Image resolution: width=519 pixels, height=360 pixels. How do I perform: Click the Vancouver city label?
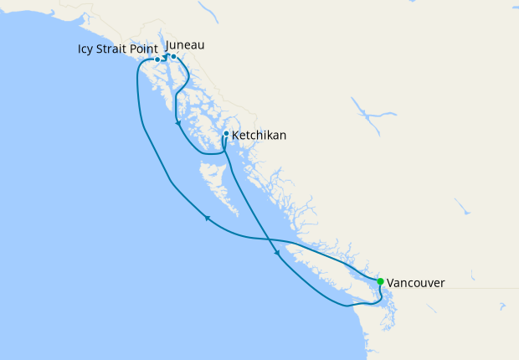pos(415,283)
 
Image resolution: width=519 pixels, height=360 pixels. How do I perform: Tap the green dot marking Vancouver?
pos(381,281)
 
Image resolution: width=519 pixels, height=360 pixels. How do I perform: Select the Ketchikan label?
pos(261,134)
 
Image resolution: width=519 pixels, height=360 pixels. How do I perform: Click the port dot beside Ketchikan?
pos(227,134)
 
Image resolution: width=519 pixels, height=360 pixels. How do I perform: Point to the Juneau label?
pos(186,44)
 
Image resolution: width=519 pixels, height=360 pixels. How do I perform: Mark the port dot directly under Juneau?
pos(173,57)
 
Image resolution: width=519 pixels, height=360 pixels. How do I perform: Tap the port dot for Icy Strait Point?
pos(157,59)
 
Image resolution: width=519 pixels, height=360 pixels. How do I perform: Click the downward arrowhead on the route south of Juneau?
pos(177,125)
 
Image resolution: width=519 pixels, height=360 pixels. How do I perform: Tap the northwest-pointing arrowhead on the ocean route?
pos(206,219)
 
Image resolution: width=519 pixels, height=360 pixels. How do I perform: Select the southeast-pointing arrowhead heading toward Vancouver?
pos(276,253)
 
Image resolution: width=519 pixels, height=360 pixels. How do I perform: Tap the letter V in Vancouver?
pos(392,283)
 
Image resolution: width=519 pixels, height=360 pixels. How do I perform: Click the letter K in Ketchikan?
pos(236,134)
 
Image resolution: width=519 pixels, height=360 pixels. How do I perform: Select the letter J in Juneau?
pos(169,44)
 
